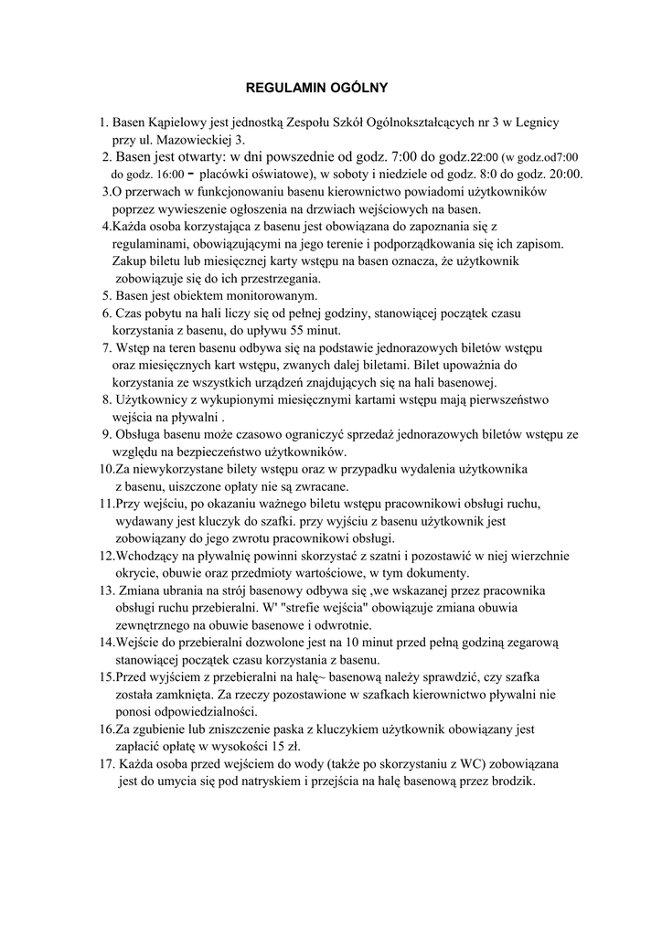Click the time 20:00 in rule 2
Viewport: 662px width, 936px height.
565,174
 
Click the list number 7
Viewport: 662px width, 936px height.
106,348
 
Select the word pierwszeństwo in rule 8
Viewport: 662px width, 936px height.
504,399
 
